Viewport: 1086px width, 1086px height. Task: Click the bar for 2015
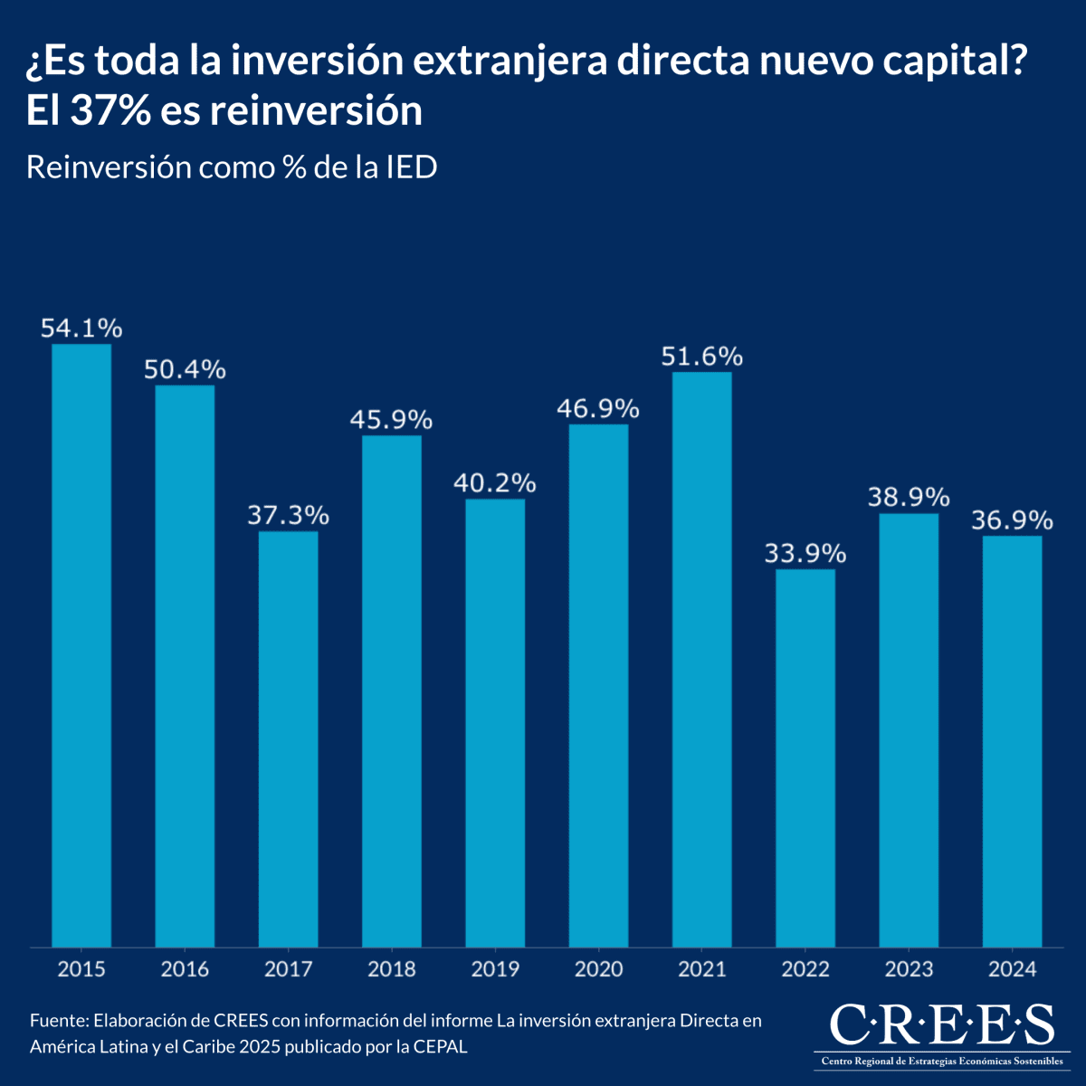pyautogui.click(x=81, y=644)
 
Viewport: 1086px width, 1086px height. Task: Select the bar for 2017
pyautogui.click(x=288, y=738)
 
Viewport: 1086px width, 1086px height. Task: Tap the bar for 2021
pyautogui.click(x=701, y=659)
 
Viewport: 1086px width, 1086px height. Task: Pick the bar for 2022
pyautogui.click(x=805, y=757)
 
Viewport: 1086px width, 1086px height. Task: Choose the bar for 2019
pyautogui.click(x=495, y=722)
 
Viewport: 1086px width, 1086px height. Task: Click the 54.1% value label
pyautogui.click(x=81, y=329)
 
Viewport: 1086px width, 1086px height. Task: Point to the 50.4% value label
pyautogui.click(x=185, y=369)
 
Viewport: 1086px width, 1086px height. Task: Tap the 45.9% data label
pyautogui.click(x=392, y=420)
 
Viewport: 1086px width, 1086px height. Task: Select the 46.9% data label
pyautogui.click(x=598, y=409)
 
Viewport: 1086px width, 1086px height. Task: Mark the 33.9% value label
pyautogui.click(x=805, y=553)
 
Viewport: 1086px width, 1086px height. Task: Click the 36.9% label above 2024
pyautogui.click(x=1012, y=520)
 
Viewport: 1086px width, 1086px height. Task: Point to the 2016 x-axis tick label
pyautogui.click(x=185, y=969)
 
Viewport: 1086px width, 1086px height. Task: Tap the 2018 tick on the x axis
pyautogui.click(x=392, y=969)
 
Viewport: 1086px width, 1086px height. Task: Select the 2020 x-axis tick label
pyautogui.click(x=598, y=969)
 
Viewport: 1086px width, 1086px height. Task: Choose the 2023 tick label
pyautogui.click(x=909, y=969)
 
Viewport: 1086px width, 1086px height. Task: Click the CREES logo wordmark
pyautogui.click(x=941, y=1024)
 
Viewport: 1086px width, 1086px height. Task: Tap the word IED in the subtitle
pyautogui.click(x=412, y=167)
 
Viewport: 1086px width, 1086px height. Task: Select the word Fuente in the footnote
pyautogui.click(x=57, y=1021)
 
